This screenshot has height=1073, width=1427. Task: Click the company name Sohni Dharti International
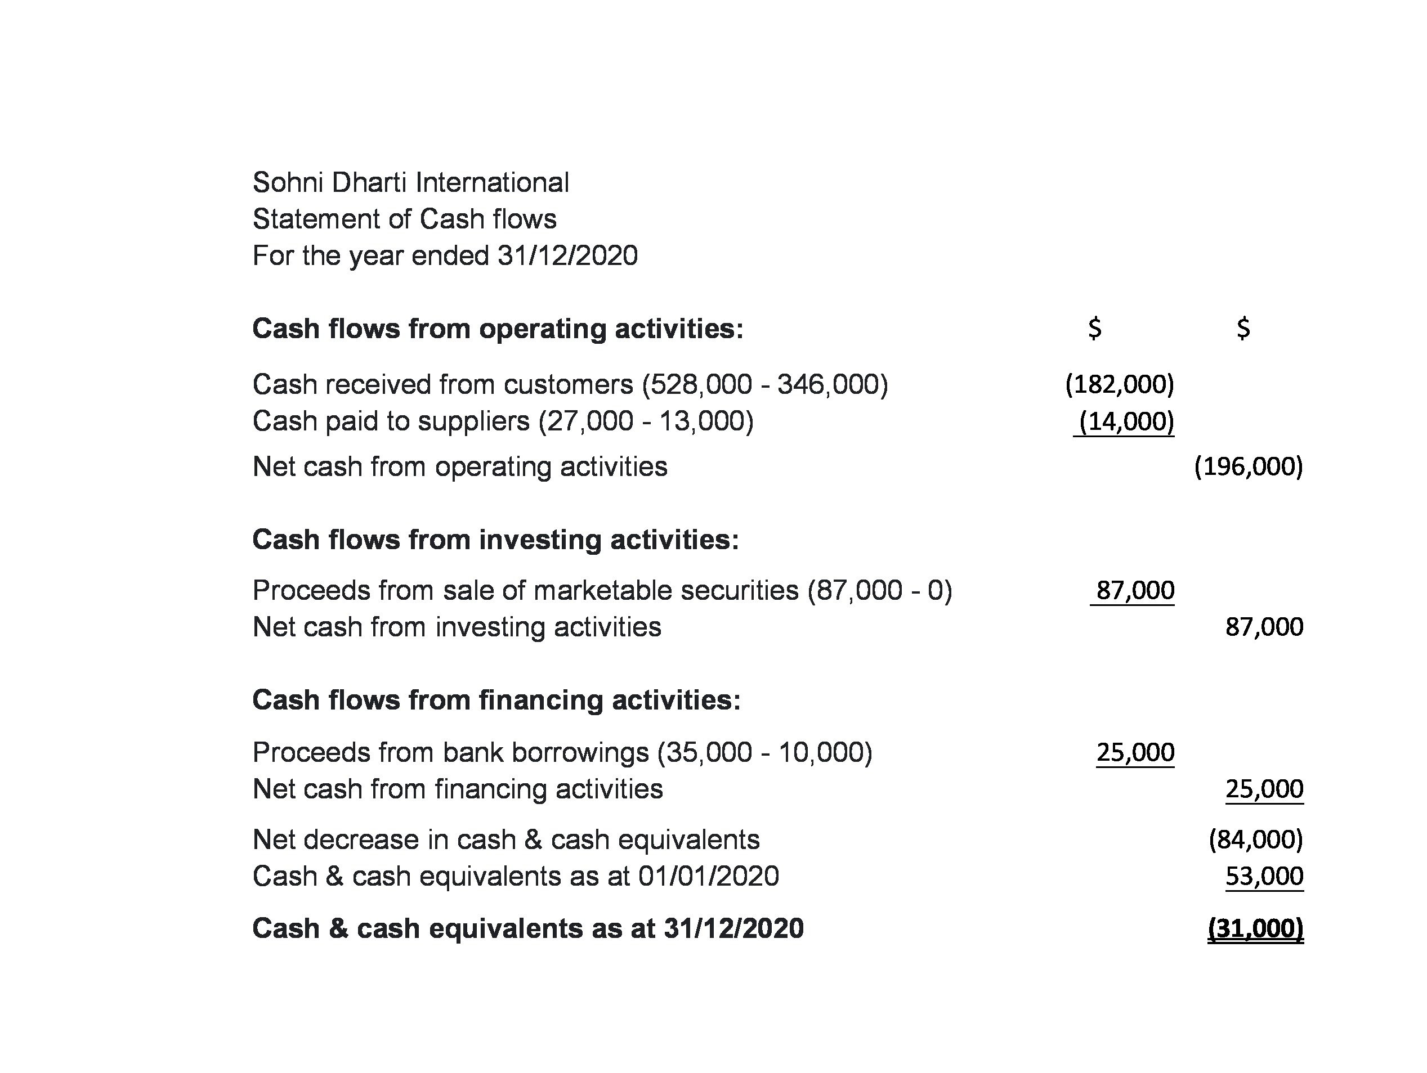[410, 182]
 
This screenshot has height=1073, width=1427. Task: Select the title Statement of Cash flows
[404, 219]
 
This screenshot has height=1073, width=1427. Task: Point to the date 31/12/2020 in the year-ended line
[567, 256]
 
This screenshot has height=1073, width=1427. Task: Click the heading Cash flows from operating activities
[498, 329]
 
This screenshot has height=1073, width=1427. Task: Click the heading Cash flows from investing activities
[495, 540]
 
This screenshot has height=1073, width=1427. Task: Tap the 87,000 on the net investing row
[1264, 627]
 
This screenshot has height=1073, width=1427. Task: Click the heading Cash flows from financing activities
[496, 701]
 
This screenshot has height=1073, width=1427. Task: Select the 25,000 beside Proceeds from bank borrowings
[1135, 752]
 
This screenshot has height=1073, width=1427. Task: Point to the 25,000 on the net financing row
[1264, 789]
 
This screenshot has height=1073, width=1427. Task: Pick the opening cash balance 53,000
[1264, 876]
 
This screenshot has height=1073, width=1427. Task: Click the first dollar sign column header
[1095, 328]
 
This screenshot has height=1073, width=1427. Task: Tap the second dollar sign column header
[1243, 328]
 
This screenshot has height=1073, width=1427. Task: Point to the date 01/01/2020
[708, 876]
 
